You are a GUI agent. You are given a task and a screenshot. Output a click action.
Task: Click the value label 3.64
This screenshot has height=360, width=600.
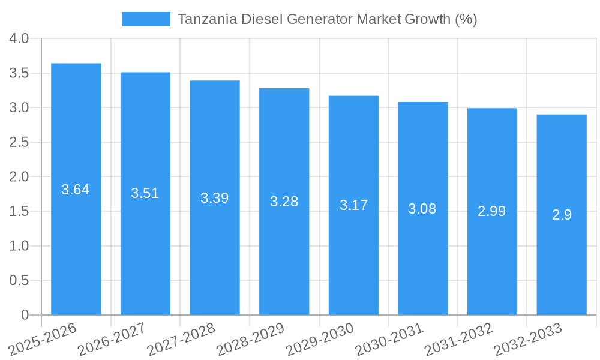click(76, 190)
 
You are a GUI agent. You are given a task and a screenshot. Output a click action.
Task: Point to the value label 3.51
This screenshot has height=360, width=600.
click(145, 193)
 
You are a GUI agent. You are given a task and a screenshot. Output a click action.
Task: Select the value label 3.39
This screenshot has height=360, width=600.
click(214, 198)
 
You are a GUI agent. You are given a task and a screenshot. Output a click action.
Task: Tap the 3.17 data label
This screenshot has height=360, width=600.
click(353, 205)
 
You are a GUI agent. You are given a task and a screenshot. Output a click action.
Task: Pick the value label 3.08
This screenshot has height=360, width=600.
click(422, 209)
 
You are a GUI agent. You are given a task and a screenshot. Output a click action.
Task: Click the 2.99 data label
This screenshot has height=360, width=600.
click(492, 211)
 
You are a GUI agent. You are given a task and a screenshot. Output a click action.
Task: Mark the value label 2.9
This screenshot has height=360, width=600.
click(562, 215)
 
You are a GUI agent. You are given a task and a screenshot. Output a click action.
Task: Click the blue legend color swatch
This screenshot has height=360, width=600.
click(146, 19)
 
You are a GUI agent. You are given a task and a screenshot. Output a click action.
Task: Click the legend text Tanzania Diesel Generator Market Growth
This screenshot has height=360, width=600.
click(327, 19)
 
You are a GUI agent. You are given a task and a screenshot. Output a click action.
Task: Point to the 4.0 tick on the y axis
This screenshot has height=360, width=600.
click(19, 39)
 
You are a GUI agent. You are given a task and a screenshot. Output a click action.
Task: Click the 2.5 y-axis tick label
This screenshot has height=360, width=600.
click(19, 143)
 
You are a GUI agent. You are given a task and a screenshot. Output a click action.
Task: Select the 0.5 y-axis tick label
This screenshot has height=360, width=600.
click(19, 281)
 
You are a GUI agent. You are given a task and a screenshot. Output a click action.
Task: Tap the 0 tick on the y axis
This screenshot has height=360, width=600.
click(25, 315)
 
